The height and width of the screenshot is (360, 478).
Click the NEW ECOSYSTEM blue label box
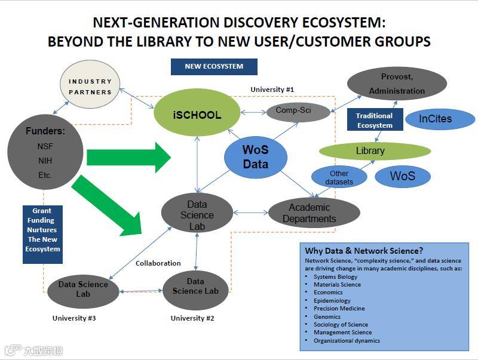[x=214, y=66]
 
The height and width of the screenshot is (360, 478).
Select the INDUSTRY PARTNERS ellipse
[x=90, y=87]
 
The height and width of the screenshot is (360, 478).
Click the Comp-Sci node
[x=297, y=110]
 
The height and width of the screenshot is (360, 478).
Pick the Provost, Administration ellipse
[x=396, y=84]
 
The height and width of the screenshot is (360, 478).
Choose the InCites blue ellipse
[x=440, y=119]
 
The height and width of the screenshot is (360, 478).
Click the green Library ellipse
[x=375, y=150]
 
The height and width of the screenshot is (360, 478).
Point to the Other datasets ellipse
[x=339, y=177]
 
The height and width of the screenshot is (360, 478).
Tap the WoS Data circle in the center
[x=255, y=156]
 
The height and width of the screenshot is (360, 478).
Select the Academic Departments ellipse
[x=314, y=213]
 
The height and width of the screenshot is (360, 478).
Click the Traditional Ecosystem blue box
[x=375, y=120]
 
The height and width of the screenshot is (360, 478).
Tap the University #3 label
[x=74, y=318]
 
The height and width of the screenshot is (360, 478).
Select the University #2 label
[x=192, y=318]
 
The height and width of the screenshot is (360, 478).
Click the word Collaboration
[x=158, y=263]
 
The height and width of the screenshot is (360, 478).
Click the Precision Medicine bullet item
[x=339, y=309]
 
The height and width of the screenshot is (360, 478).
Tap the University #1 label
[x=272, y=90]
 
